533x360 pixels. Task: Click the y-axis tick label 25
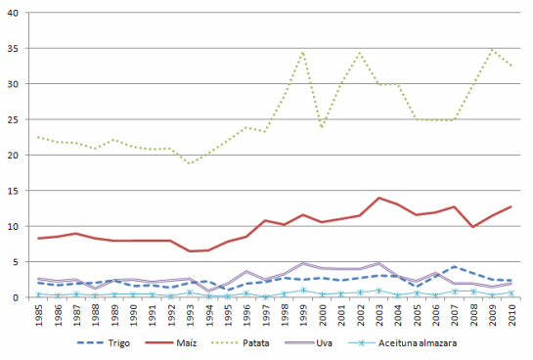click(21, 119)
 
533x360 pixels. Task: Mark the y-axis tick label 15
click(21, 191)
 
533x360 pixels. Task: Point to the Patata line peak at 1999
click(303, 52)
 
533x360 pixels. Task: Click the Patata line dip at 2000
click(322, 127)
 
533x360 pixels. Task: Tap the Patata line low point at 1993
click(190, 163)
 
